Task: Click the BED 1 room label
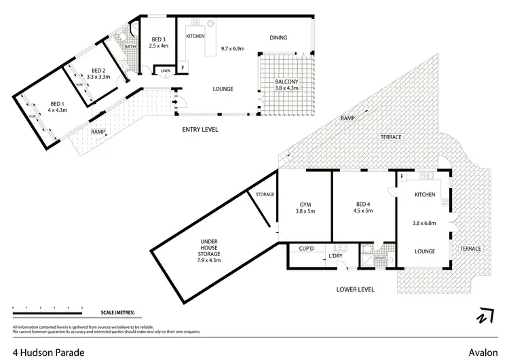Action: [56, 103]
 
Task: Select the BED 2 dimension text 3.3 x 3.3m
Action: [98, 77]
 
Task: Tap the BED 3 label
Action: [159, 39]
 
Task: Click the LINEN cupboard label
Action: [165, 69]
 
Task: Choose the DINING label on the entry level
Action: [279, 37]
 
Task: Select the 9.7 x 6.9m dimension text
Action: [236, 50]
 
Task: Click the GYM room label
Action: [305, 204]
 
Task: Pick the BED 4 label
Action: [364, 204]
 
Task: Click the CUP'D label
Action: [305, 248]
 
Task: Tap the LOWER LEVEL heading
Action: [356, 289]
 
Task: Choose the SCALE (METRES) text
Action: [118, 313]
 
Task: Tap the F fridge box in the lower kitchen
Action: [402, 177]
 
